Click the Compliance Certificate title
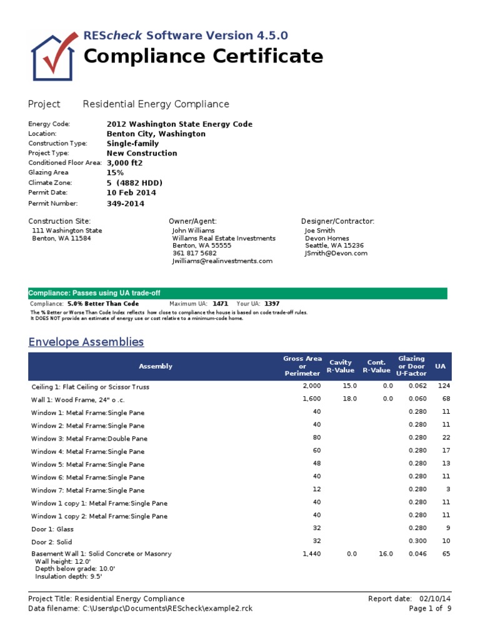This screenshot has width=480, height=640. coord(203,56)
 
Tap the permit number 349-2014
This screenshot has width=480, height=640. coord(126,203)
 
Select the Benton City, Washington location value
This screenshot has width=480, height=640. coord(156,134)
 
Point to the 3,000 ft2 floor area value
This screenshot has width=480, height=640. coord(124,162)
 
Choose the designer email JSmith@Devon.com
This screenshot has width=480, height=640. coord(336,253)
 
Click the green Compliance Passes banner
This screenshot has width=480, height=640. coord(237,293)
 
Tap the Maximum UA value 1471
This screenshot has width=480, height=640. coord(220,303)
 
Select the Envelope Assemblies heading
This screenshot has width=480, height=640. coord(86,342)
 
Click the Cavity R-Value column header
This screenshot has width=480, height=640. coord(341,366)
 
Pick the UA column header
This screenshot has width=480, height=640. coord(440,366)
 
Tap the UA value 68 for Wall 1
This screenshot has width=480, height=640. coord(446,398)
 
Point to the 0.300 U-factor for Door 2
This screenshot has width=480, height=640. coord(417,541)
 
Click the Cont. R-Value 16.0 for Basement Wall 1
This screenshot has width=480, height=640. coord(386,554)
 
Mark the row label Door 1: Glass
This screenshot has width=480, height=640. coord(52,529)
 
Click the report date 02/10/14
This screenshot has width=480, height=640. coord(435,598)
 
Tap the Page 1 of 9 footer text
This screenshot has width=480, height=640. coord(430,608)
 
